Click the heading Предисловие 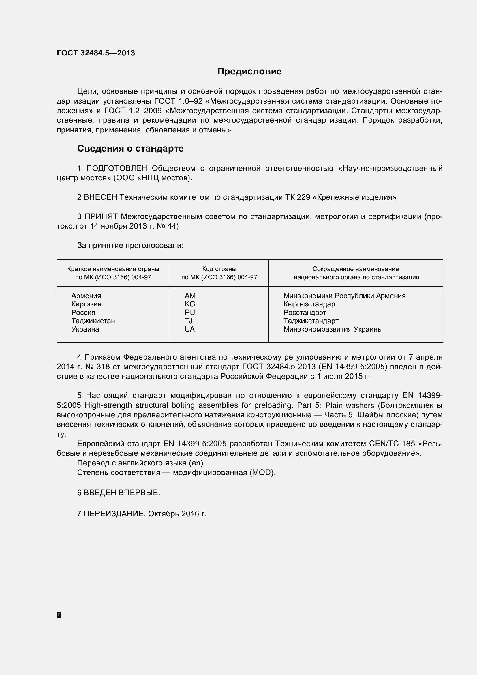(x=249, y=72)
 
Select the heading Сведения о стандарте (x=130, y=148)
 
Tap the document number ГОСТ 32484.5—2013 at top (x=96, y=53)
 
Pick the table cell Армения (x=86, y=296)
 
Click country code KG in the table (x=190, y=304)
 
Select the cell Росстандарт (x=305, y=313)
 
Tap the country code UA (x=189, y=329)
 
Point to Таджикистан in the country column (x=93, y=321)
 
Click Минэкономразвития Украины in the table (x=333, y=329)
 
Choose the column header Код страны (x=219, y=269)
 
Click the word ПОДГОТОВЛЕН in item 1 (x=117, y=169)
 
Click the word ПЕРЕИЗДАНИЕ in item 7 (x=114, y=514)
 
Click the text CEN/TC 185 (x=392, y=444)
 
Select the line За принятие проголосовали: (x=130, y=246)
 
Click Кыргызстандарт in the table (x=311, y=304)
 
